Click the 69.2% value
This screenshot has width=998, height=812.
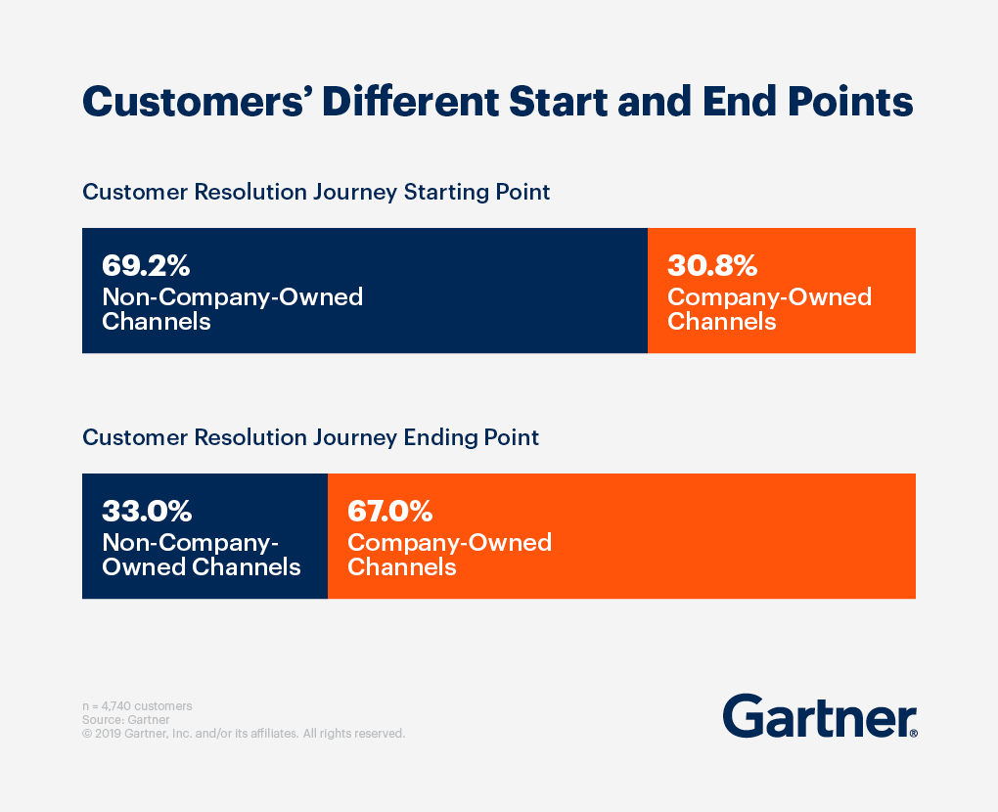tap(146, 265)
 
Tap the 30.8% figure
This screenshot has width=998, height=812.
tap(712, 265)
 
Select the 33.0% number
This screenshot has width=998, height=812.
tap(147, 511)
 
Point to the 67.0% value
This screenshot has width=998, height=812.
tap(390, 511)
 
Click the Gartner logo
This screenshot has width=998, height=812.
tap(820, 716)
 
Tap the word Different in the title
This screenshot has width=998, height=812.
tap(411, 102)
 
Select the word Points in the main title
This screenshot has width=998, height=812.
tap(850, 102)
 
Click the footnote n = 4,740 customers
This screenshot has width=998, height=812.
tap(137, 706)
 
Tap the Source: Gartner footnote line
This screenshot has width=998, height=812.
tap(126, 720)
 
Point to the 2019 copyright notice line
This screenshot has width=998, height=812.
tap(244, 734)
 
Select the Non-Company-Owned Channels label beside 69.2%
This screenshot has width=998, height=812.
tap(232, 309)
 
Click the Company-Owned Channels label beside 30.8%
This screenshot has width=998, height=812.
tap(769, 309)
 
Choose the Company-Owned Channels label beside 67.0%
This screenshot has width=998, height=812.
tap(449, 555)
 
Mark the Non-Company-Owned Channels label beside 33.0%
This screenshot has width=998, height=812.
tap(202, 555)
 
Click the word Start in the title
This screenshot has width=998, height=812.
tap(558, 102)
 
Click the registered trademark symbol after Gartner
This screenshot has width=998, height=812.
tap(914, 734)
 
